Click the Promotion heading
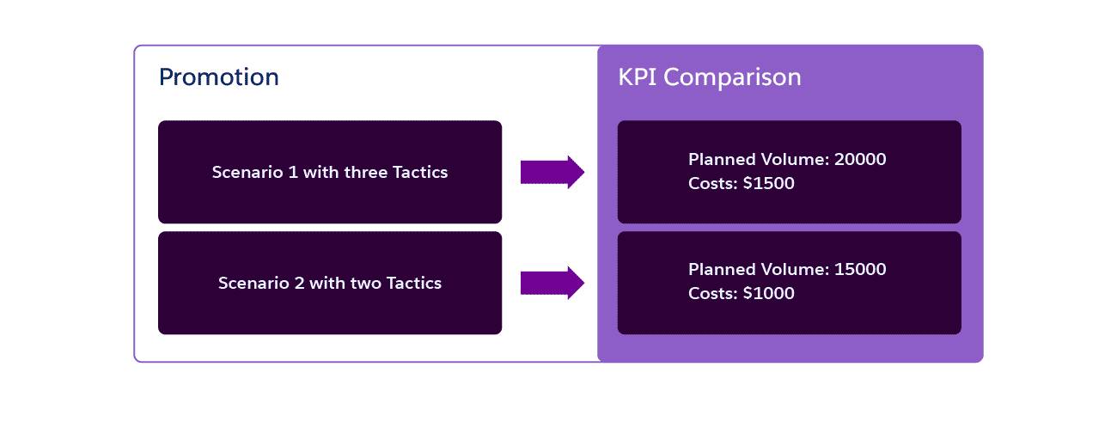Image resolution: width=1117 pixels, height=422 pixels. (x=219, y=77)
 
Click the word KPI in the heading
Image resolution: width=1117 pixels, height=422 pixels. (x=638, y=77)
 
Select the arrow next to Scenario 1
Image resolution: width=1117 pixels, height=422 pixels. (x=552, y=172)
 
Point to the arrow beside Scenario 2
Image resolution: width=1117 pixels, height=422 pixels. (x=552, y=283)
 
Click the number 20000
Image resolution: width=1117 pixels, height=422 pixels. (x=860, y=159)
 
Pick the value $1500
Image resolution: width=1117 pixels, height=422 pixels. (x=769, y=183)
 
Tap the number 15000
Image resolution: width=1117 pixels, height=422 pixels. (x=860, y=269)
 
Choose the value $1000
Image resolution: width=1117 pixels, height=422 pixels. (x=769, y=293)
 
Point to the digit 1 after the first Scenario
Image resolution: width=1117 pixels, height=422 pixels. (x=294, y=172)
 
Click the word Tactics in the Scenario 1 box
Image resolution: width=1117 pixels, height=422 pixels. (x=420, y=172)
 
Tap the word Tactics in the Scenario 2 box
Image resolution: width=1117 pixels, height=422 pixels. (x=414, y=283)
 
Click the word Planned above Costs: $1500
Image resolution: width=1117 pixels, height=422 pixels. (x=723, y=159)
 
